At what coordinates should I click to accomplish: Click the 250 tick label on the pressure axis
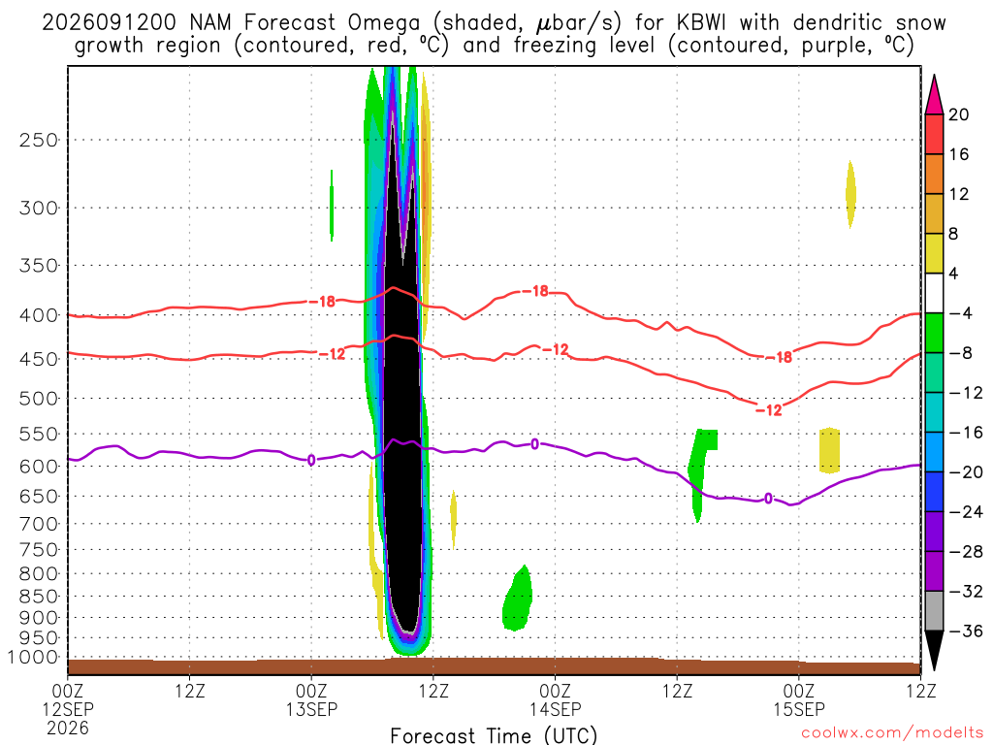(x=39, y=140)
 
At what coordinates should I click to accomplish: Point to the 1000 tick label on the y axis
(x=34, y=658)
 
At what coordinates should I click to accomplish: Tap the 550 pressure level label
(x=39, y=435)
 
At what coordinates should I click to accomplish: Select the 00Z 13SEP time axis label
(x=311, y=699)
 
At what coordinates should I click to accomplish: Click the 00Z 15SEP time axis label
(x=799, y=699)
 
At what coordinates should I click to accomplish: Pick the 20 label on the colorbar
(x=958, y=114)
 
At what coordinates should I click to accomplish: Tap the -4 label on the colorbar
(x=960, y=313)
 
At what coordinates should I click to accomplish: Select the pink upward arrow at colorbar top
(x=934, y=96)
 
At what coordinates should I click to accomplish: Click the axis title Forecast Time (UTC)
(x=494, y=735)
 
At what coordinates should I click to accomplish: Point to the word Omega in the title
(x=384, y=23)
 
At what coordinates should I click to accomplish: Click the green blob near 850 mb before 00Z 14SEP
(x=518, y=599)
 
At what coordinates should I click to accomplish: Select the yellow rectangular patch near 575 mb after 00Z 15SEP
(x=829, y=450)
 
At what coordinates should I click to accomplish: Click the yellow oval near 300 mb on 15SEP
(x=850, y=194)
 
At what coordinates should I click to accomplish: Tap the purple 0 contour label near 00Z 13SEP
(x=311, y=460)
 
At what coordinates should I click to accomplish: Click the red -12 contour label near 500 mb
(x=769, y=410)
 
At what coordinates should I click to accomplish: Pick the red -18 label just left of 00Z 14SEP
(x=535, y=291)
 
